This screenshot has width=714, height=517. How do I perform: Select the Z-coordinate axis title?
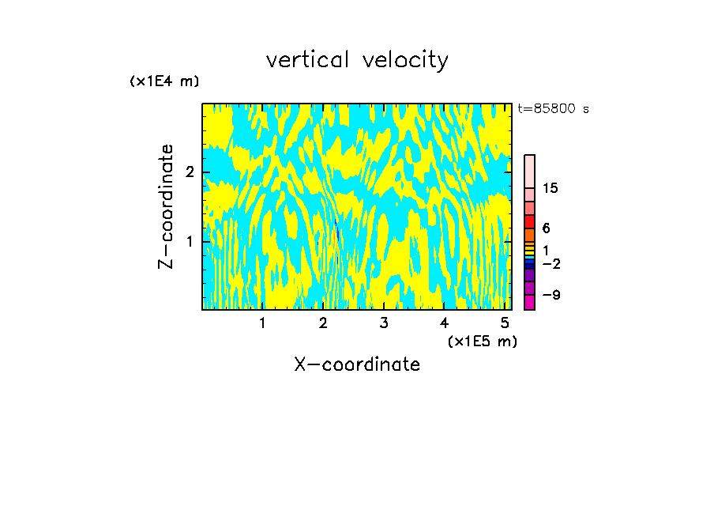pyautogui.click(x=166, y=206)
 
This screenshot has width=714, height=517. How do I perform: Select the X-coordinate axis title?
pyautogui.click(x=357, y=364)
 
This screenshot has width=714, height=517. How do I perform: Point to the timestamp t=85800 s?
pyautogui.click(x=553, y=109)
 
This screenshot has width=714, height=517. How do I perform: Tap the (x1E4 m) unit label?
pyautogui.click(x=164, y=81)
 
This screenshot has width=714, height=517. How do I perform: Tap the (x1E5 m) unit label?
pyautogui.click(x=482, y=342)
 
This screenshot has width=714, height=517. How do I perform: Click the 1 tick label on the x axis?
pyautogui.click(x=262, y=323)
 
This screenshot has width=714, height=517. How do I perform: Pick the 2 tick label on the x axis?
pyautogui.click(x=323, y=323)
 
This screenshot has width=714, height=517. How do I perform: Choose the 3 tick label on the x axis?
pyautogui.click(x=384, y=323)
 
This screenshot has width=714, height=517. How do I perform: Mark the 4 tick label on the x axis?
pyautogui.click(x=444, y=323)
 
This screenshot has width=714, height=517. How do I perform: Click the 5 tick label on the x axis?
pyautogui.click(x=505, y=323)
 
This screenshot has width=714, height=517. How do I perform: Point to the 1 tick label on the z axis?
pyautogui.click(x=190, y=241)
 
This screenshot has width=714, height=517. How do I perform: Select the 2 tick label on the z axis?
pyautogui.click(x=190, y=172)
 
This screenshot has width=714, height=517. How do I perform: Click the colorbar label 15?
pyautogui.click(x=551, y=188)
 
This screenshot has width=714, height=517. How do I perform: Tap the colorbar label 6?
pyautogui.click(x=546, y=228)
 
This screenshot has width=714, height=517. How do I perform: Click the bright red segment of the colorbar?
pyautogui.click(x=529, y=221)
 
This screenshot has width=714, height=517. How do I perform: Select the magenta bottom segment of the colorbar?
pyautogui.click(x=529, y=302)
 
